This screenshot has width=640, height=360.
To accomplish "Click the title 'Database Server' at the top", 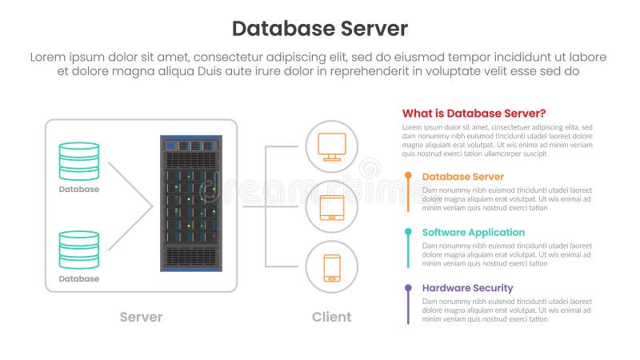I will pyautogui.click(x=319, y=29).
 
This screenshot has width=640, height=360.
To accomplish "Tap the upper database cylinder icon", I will pyautogui.click(x=79, y=161).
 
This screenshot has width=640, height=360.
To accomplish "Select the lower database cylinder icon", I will pyautogui.click(x=79, y=250).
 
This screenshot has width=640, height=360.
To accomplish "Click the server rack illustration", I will pyautogui.click(x=191, y=203).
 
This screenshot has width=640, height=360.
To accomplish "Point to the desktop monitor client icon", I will pyautogui.click(x=331, y=146).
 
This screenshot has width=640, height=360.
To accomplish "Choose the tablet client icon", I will pyautogui.click(x=331, y=207).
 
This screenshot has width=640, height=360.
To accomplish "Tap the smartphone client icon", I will pyautogui.click(x=331, y=267).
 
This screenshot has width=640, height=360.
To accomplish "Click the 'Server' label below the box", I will pyautogui.click(x=141, y=317).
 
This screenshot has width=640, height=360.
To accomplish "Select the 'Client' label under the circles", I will pyautogui.click(x=331, y=317).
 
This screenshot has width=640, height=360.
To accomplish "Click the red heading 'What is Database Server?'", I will pyautogui.click(x=474, y=113).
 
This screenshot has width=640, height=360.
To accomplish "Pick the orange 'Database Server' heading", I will pyautogui.click(x=462, y=176).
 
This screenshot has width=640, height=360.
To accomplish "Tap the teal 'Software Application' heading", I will pyautogui.click(x=473, y=232).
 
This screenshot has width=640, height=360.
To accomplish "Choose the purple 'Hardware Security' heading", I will pyautogui.click(x=467, y=288).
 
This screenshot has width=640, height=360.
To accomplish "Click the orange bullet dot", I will pyautogui.click(x=408, y=175).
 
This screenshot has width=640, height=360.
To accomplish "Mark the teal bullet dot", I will pyautogui.click(x=408, y=231).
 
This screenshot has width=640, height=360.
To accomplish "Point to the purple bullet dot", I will pyautogui.click(x=408, y=287).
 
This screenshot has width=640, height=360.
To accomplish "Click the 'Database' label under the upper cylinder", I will pyautogui.click(x=79, y=190).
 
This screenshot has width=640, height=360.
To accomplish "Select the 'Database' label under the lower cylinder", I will pyautogui.click(x=79, y=279).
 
